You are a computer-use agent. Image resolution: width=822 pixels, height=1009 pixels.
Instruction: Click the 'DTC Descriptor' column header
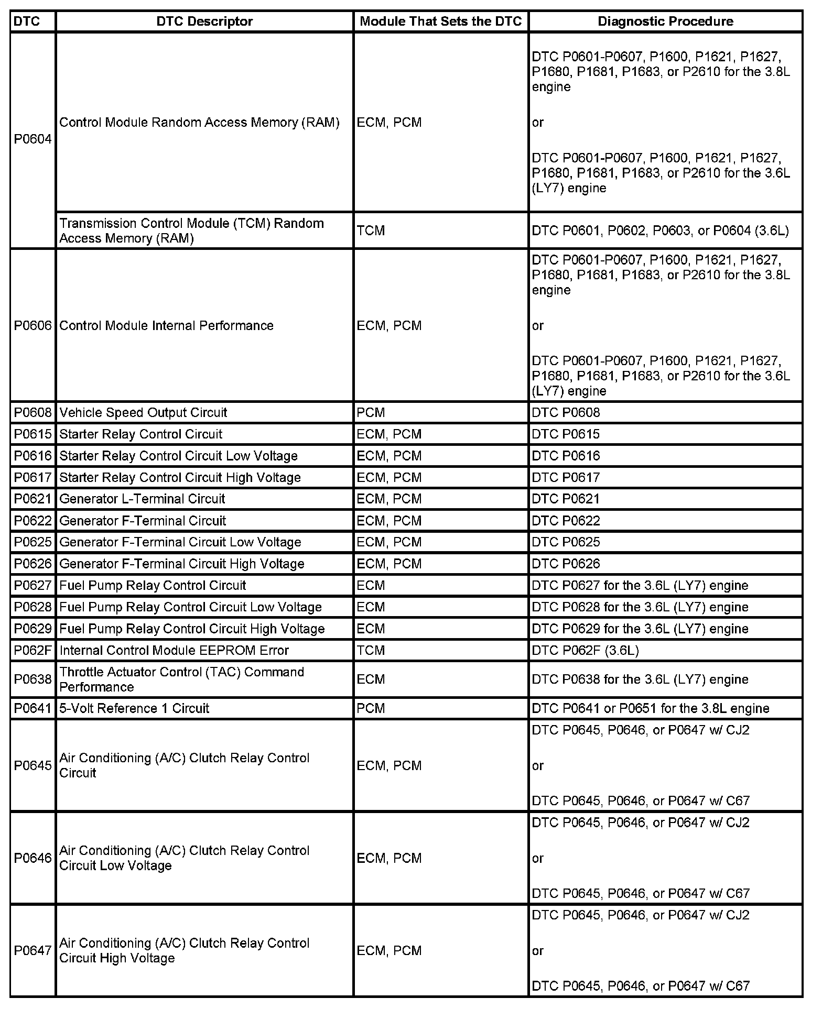point(204,21)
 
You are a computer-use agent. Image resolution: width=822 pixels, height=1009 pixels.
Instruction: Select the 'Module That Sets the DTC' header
point(441,21)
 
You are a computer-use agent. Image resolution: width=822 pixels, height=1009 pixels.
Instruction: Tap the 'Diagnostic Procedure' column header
point(665,21)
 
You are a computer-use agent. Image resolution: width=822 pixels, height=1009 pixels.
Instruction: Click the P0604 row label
point(33,139)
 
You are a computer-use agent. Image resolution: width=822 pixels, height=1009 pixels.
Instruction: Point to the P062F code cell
point(33,650)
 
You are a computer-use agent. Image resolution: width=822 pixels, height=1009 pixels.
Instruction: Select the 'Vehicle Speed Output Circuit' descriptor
point(143,412)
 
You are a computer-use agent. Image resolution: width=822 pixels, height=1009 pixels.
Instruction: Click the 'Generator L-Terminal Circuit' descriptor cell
point(142,499)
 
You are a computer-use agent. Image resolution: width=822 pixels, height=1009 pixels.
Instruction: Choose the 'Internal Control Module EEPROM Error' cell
point(174,650)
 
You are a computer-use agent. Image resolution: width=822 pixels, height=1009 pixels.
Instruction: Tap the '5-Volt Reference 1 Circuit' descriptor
point(134,708)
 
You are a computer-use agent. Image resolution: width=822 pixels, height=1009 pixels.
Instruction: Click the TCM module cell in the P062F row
point(371,650)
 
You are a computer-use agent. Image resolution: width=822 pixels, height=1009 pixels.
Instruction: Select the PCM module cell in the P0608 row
point(371,412)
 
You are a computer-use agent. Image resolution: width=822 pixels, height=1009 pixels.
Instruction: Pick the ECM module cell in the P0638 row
point(371,679)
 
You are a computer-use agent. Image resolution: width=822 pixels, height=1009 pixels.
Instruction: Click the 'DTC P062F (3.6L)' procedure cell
point(585,650)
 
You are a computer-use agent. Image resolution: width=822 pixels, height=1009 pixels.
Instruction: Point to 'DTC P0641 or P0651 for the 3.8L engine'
point(650,708)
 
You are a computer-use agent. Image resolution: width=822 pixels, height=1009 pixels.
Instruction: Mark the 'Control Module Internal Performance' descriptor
point(166,325)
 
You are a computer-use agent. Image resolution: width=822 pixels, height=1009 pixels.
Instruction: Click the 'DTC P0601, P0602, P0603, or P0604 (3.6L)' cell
point(660,231)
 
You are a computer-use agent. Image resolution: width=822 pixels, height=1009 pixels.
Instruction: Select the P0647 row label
point(33,950)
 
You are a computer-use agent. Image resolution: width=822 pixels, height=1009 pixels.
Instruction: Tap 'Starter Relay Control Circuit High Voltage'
point(180,477)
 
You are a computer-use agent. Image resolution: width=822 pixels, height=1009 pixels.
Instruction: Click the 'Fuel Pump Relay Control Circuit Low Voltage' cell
point(190,607)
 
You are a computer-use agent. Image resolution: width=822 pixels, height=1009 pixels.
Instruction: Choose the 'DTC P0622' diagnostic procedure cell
point(566,521)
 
